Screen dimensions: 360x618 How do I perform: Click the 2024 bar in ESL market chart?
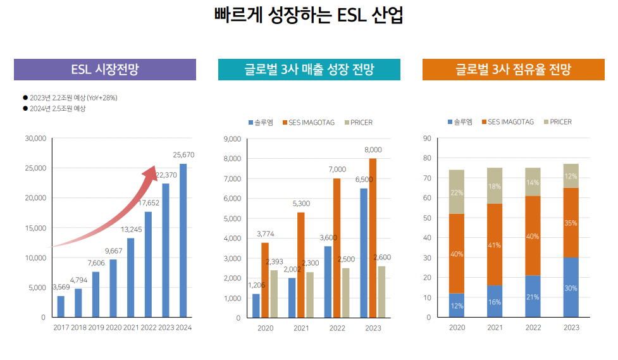click(183, 240)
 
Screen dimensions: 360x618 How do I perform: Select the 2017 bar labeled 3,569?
click(61, 306)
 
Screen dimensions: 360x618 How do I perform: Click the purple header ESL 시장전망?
click(105, 70)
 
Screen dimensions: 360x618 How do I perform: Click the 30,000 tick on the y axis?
click(35, 138)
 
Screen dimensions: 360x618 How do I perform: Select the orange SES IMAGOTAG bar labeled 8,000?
click(373, 238)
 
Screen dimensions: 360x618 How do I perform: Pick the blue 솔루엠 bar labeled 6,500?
click(363, 253)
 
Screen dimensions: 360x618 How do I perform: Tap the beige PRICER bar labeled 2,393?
click(274, 294)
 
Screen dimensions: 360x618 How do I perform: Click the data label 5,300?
click(301, 203)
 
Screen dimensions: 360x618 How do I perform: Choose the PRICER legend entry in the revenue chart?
click(357, 122)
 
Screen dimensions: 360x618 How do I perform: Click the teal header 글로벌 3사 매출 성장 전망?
click(309, 70)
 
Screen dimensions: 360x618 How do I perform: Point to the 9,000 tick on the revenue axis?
click(233, 139)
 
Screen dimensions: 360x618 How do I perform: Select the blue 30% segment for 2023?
click(571, 287)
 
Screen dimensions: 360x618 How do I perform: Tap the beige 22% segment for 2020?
click(457, 192)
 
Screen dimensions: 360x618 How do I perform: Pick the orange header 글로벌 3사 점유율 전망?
click(514, 70)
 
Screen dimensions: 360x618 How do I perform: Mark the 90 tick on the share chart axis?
click(427, 138)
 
